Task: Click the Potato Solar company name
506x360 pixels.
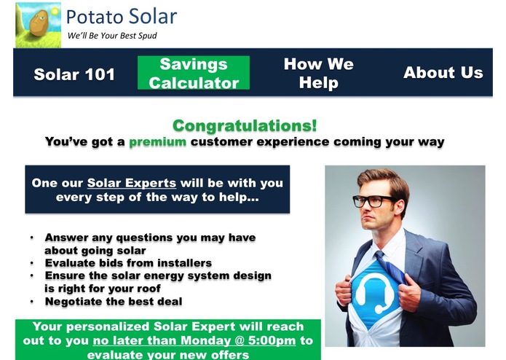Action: pyautogui.click(x=121, y=17)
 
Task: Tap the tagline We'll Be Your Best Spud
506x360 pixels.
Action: pyautogui.click(x=111, y=36)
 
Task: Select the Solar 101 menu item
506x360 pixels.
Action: pyautogui.click(x=74, y=74)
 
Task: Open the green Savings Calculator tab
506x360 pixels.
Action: pyautogui.click(x=194, y=74)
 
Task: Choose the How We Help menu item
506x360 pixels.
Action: pyautogui.click(x=318, y=74)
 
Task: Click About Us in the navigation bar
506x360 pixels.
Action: pyautogui.click(x=443, y=73)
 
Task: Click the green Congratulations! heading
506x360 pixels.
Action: pyautogui.click(x=245, y=126)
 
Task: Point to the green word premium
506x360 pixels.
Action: pyautogui.click(x=157, y=142)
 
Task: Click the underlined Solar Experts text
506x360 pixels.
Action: pyautogui.click(x=131, y=182)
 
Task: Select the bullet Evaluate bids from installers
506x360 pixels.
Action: pyautogui.click(x=128, y=263)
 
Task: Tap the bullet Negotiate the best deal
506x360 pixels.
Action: pyautogui.click(x=113, y=302)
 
